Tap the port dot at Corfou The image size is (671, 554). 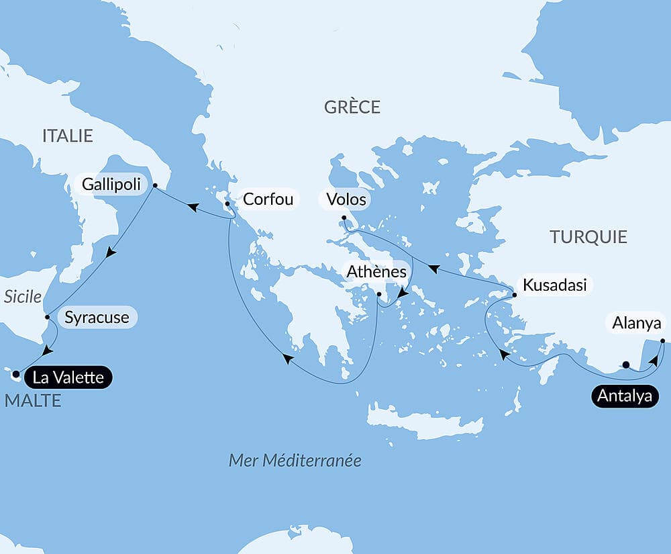coord(227,204)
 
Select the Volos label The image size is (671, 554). coord(346,199)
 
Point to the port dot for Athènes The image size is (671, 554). coord(378,295)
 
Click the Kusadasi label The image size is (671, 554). coord(554,285)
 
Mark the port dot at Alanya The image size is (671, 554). coord(662,341)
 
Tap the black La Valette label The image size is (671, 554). coord(68,377)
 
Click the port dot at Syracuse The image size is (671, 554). coord(47,317)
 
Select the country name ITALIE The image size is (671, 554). coord(67,136)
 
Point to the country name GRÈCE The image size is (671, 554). coord(352,107)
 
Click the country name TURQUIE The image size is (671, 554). coord(588,236)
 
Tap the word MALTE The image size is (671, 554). coord(33,401)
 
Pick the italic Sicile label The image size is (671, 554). coord(23,297)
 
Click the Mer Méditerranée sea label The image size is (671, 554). coord(295,460)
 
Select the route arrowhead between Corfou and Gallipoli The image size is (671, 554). coord(191,207)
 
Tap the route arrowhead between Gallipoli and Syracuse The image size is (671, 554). coord(111,253)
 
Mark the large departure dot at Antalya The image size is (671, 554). coord(625,365)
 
